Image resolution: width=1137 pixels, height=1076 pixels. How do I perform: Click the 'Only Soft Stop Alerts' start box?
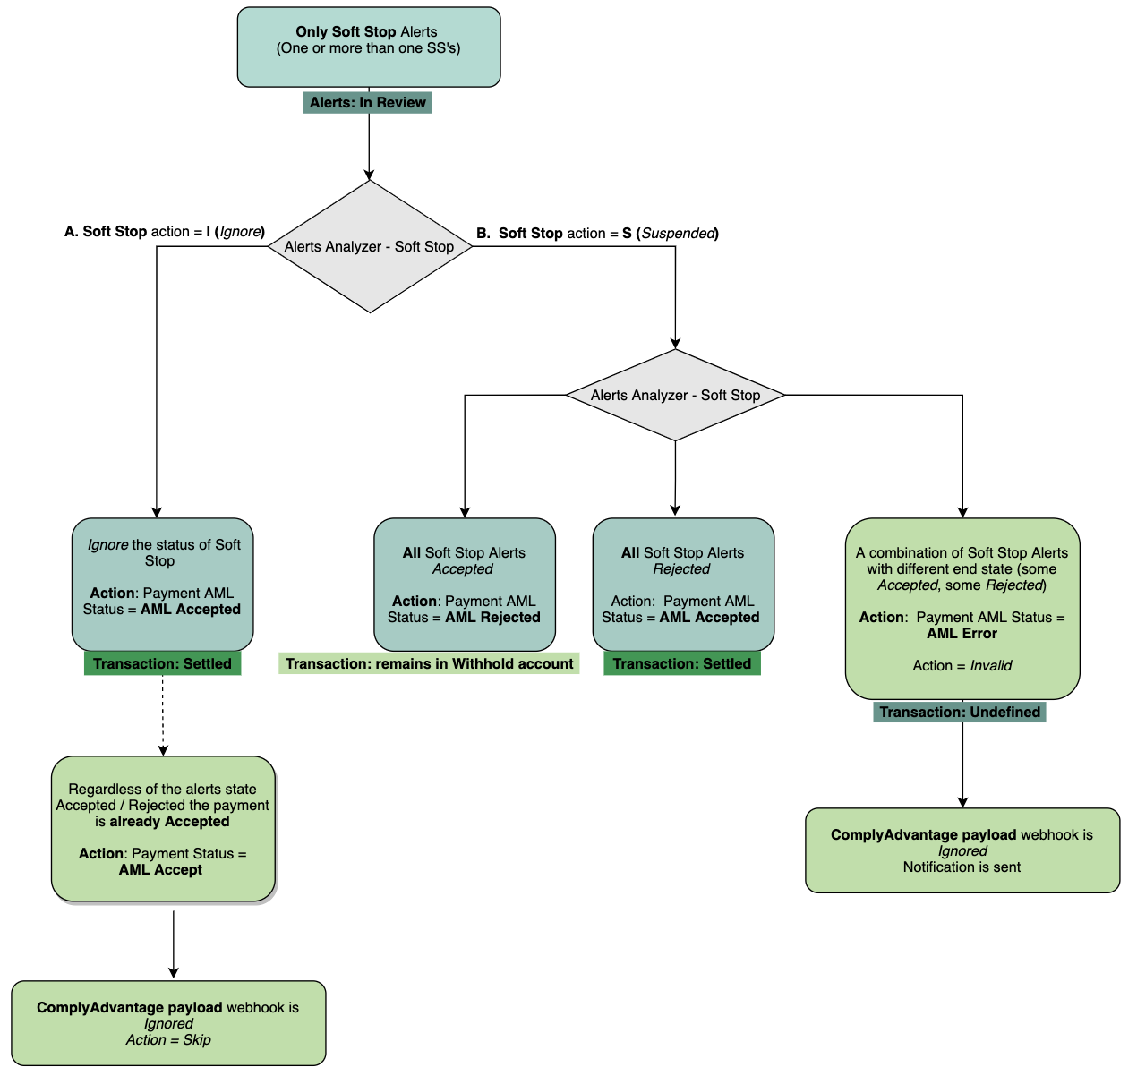368,47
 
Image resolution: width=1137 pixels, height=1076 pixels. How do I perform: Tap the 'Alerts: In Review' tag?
367,103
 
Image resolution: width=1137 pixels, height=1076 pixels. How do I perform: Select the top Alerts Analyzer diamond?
370,246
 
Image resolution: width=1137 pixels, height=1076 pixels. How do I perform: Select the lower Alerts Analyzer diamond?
675,395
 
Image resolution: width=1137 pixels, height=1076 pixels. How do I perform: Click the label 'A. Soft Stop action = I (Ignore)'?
165,232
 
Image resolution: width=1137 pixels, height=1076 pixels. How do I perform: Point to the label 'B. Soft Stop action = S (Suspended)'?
597,234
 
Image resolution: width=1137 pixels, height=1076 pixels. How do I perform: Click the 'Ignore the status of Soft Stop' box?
163,584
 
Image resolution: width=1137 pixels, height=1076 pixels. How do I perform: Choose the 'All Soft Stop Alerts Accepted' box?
464,584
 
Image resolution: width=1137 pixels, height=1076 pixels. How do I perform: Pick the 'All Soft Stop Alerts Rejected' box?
682,584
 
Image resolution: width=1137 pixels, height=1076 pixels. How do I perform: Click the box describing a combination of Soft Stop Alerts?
962,608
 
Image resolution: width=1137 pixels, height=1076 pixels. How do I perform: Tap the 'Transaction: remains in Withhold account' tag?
429,663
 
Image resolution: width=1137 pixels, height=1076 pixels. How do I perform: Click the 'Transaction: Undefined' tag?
959,713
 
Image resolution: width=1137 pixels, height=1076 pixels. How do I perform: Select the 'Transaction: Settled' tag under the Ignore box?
162,663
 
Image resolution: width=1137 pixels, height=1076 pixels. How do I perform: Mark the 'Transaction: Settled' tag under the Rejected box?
681,663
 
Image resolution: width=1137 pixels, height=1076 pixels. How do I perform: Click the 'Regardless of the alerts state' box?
163,828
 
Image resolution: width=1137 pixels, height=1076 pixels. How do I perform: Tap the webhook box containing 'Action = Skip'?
168,1023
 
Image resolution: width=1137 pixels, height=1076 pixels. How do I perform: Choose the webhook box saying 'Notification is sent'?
962,850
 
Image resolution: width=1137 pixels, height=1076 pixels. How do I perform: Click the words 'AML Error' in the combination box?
962,634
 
